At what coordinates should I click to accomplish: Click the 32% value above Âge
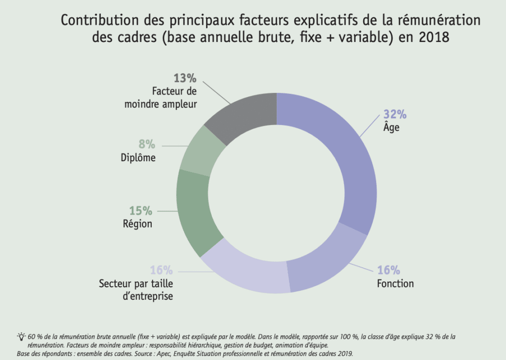coord(395,114)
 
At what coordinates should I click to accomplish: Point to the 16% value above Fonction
coord(388,270)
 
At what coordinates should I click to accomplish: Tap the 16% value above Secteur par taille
coord(161,270)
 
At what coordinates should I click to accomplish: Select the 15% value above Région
coord(141,211)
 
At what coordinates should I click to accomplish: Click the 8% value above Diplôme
coord(146,145)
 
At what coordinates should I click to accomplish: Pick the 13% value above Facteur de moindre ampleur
coord(185,78)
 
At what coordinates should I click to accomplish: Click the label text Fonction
coord(395,284)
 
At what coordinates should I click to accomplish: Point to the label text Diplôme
coord(138,158)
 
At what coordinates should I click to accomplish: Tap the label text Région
coord(137,224)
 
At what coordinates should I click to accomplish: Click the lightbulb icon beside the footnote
coord(21,336)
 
